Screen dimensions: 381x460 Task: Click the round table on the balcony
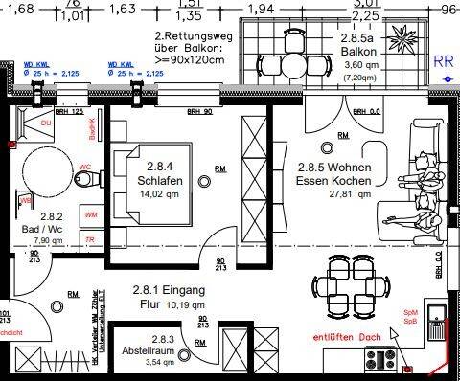point(293,65)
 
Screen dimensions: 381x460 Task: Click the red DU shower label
point(44,123)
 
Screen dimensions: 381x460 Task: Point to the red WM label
point(91,215)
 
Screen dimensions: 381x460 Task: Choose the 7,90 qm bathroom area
point(43,241)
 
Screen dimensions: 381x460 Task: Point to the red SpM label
point(436,312)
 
